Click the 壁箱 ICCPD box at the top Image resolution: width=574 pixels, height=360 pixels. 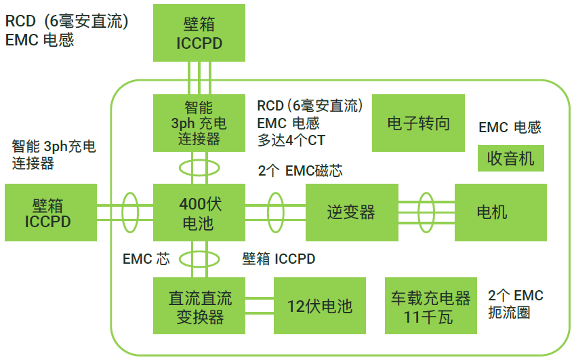[x=199, y=33]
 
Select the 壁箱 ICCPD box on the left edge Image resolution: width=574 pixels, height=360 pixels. [x=48, y=212]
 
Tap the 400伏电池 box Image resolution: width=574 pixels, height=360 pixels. [x=199, y=212]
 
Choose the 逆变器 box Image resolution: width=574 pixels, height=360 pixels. [x=351, y=212]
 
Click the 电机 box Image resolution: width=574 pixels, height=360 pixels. [x=500, y=212]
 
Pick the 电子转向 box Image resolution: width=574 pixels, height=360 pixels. [x=418, y=123]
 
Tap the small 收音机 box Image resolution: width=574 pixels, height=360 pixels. [x=511, y=158]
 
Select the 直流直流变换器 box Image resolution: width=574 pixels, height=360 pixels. [x=199, y=306]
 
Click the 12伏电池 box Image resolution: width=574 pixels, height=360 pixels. [x=319, y=306]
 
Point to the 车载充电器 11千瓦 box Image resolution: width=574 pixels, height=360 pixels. [x=430, y=306]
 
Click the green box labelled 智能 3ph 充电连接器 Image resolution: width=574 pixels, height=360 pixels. [x=199, y=123]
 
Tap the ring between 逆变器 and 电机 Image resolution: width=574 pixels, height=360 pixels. [x=426, y=212]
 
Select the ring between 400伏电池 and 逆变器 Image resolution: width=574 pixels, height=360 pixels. [x=274, y=212]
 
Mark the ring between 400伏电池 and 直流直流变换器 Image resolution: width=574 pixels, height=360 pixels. [x=199, y=258]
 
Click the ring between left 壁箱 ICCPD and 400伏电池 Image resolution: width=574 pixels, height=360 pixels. [x=130, y=212]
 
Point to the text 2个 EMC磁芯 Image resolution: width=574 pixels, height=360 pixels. [x=300, y=170]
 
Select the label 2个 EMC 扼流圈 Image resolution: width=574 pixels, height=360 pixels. [x=515, y=304]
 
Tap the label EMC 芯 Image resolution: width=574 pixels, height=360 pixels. [x=146, y=258]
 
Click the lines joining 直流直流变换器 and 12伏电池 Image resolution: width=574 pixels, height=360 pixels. [x=260, y=306]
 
